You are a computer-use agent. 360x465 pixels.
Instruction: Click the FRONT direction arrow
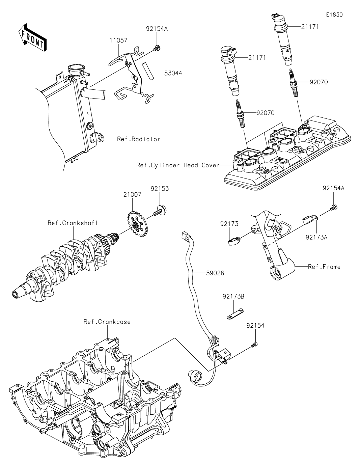32,37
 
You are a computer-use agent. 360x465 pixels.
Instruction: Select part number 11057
118,40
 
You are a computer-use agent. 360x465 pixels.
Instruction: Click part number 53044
173,73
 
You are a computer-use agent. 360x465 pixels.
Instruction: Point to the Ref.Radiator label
139,139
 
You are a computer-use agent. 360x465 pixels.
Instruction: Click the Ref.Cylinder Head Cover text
178,165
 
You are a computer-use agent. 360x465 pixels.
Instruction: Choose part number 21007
132,194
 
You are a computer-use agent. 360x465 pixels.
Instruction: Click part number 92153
160,189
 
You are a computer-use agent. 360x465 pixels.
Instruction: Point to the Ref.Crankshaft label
73,223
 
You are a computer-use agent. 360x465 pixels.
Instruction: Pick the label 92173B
233,297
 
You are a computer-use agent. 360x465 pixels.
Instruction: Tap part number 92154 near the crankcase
255,326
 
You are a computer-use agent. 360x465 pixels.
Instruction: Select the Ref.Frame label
324,267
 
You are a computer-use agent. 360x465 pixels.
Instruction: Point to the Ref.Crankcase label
107,322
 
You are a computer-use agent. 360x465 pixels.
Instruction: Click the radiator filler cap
75,70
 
